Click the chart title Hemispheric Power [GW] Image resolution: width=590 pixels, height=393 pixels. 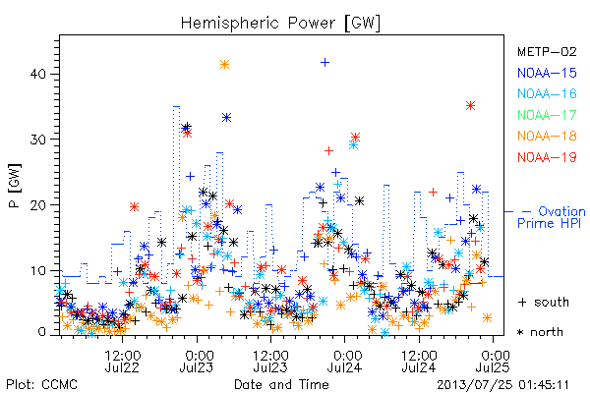(x=280, y=24)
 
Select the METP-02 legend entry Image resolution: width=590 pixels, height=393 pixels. (x=547, y=51)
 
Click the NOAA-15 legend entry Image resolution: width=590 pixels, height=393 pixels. (x=547, y=73)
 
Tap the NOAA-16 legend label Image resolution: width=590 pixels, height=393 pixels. (x=547, y=93)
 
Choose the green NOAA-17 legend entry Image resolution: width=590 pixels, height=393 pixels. (x=547, y=115)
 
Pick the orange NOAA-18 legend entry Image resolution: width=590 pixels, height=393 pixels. (x=547, y=136)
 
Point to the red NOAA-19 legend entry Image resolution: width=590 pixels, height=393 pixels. (x=547, y=157)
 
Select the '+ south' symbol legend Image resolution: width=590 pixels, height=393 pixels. (x=544, y=302)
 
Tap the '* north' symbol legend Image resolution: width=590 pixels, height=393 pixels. (x=540, y=332)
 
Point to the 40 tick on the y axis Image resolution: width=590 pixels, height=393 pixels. (x=37, y=74)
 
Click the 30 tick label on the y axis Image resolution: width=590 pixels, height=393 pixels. (x=37, y=140)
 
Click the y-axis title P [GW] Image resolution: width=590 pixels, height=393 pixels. (x=15, y=186)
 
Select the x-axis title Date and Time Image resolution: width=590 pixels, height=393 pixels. (x=281, y=385)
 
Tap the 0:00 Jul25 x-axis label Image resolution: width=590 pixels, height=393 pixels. (x=493, y=362)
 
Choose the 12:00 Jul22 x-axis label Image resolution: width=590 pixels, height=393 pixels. (x=122, y=362)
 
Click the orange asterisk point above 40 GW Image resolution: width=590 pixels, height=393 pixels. (x=224, y=65)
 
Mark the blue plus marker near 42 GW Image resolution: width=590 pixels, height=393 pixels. (x=325, y=63)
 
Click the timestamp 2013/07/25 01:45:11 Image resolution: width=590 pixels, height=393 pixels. (x=502, y=385)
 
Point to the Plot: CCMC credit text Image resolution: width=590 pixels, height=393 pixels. (x=41, y=385)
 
